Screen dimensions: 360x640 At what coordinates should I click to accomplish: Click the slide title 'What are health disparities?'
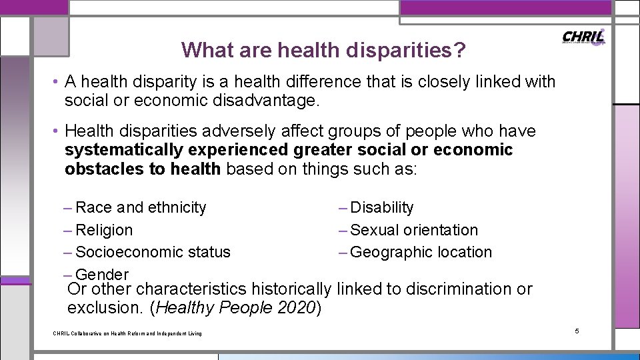tap(323, 50)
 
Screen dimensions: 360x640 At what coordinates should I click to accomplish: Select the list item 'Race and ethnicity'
tap(141, 207)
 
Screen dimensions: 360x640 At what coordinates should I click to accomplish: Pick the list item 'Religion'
tap(104, 230)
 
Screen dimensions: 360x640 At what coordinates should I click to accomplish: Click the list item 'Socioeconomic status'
tap(153, 252)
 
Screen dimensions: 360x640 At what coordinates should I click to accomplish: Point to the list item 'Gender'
tap(102, 274)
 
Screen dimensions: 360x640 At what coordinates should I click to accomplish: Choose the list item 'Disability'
tap(381, 207)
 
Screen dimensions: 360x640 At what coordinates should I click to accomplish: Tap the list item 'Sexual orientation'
tap(413, 230)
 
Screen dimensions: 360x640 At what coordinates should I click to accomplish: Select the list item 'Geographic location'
tap(421, 252)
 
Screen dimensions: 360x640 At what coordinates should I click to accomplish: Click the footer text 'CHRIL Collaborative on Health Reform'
tap(127, 333)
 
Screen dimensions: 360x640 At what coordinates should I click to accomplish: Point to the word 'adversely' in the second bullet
tap(228, 131)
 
